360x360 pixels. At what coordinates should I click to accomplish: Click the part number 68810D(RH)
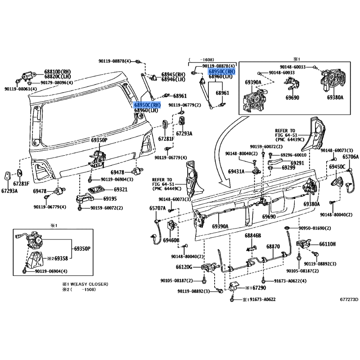pyautogui.click(x=57, y=72)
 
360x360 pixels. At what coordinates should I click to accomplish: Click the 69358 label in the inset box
pyautogui.click(x=61, y=258)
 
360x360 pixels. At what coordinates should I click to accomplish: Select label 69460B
pyautogui.click(x=171, y=241)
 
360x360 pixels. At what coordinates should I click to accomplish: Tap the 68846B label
pyautogui.click(x=253, y=235)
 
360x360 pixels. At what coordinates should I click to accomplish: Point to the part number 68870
pyautogui.click(x=273, y=247)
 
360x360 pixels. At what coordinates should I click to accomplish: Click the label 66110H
pyautogui.click(x=328, y=244)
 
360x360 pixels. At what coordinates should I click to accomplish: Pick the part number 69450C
pyautogui.click(x=337, y=166)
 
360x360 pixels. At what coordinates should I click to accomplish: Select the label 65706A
pyautogui.click(x=351, y=157)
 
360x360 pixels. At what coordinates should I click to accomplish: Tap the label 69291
pyautogui.click(x=297, y=163)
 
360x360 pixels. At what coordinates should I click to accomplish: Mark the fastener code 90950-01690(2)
pyautogui.click(x=315, y=229)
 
